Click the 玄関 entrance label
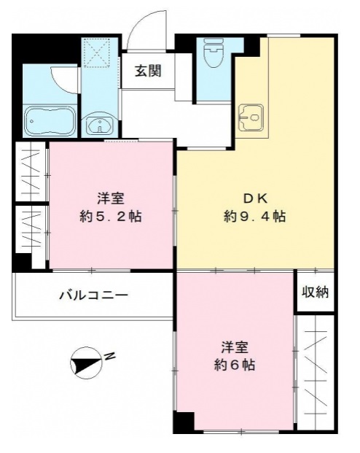148,71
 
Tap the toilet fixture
214,52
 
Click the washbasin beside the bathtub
98,125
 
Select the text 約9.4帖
253,217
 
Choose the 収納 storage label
316,292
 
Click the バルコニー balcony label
93,295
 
